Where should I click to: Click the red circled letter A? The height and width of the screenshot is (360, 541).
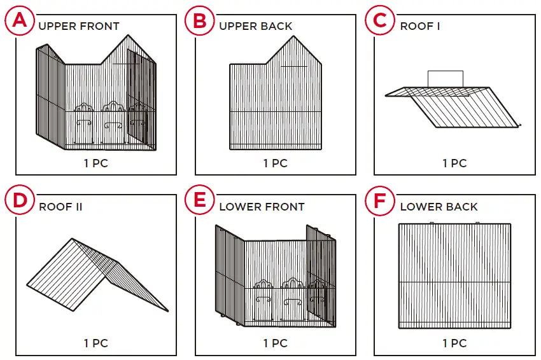pyautogui.click(x=20, y=21)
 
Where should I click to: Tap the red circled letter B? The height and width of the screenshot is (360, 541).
pyautogui.click(x=200, y=21)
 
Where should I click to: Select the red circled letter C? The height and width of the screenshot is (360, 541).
pyautogui.click(x=380, y=21)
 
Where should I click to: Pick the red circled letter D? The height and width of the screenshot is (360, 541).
pyautogui.click(x=20, y=201)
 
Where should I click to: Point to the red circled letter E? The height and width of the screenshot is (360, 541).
pyautogui.click(x=200, y=201)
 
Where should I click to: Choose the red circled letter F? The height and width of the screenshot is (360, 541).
pyautogui.click(x=380, y=201)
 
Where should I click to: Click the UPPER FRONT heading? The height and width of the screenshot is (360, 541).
pyautogui.click(x=79, y=26)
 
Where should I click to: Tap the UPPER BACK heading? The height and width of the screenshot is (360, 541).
pyautogui.click(x=256, y=26)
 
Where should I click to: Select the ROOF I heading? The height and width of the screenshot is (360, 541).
pyautogui.click(x=420, y=26)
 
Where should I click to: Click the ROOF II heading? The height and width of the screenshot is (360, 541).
pyautogui.click(x=60, y=207)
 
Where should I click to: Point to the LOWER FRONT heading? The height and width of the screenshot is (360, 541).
pyautogui.click(x=262, y=207)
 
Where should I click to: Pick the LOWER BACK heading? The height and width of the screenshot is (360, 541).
pyautogui.click(x=439, y=207)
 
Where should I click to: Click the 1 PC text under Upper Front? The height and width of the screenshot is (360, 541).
pyautogui.click(x=96, y=163)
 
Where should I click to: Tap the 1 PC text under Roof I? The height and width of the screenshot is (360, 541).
pyautogui.click(x=454, y=163)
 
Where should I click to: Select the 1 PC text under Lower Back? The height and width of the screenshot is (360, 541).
pyautogui.click(x=454, y=343)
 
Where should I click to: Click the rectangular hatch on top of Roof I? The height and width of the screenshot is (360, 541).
pyautogui.click(x=445, y=80)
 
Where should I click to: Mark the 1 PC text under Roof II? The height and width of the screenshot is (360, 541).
pyautogui.click(x=96, y=343)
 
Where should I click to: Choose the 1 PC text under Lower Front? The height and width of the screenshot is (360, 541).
pyautogui.click(x=275, y=343)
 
